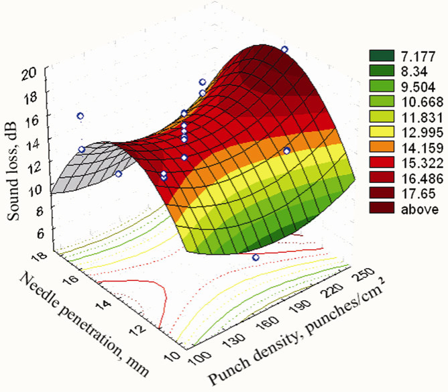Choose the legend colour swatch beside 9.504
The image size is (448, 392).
(x=379, y=84)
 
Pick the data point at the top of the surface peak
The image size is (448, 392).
(x=284, y=50)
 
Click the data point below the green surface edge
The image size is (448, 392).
(x=256, y=257)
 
